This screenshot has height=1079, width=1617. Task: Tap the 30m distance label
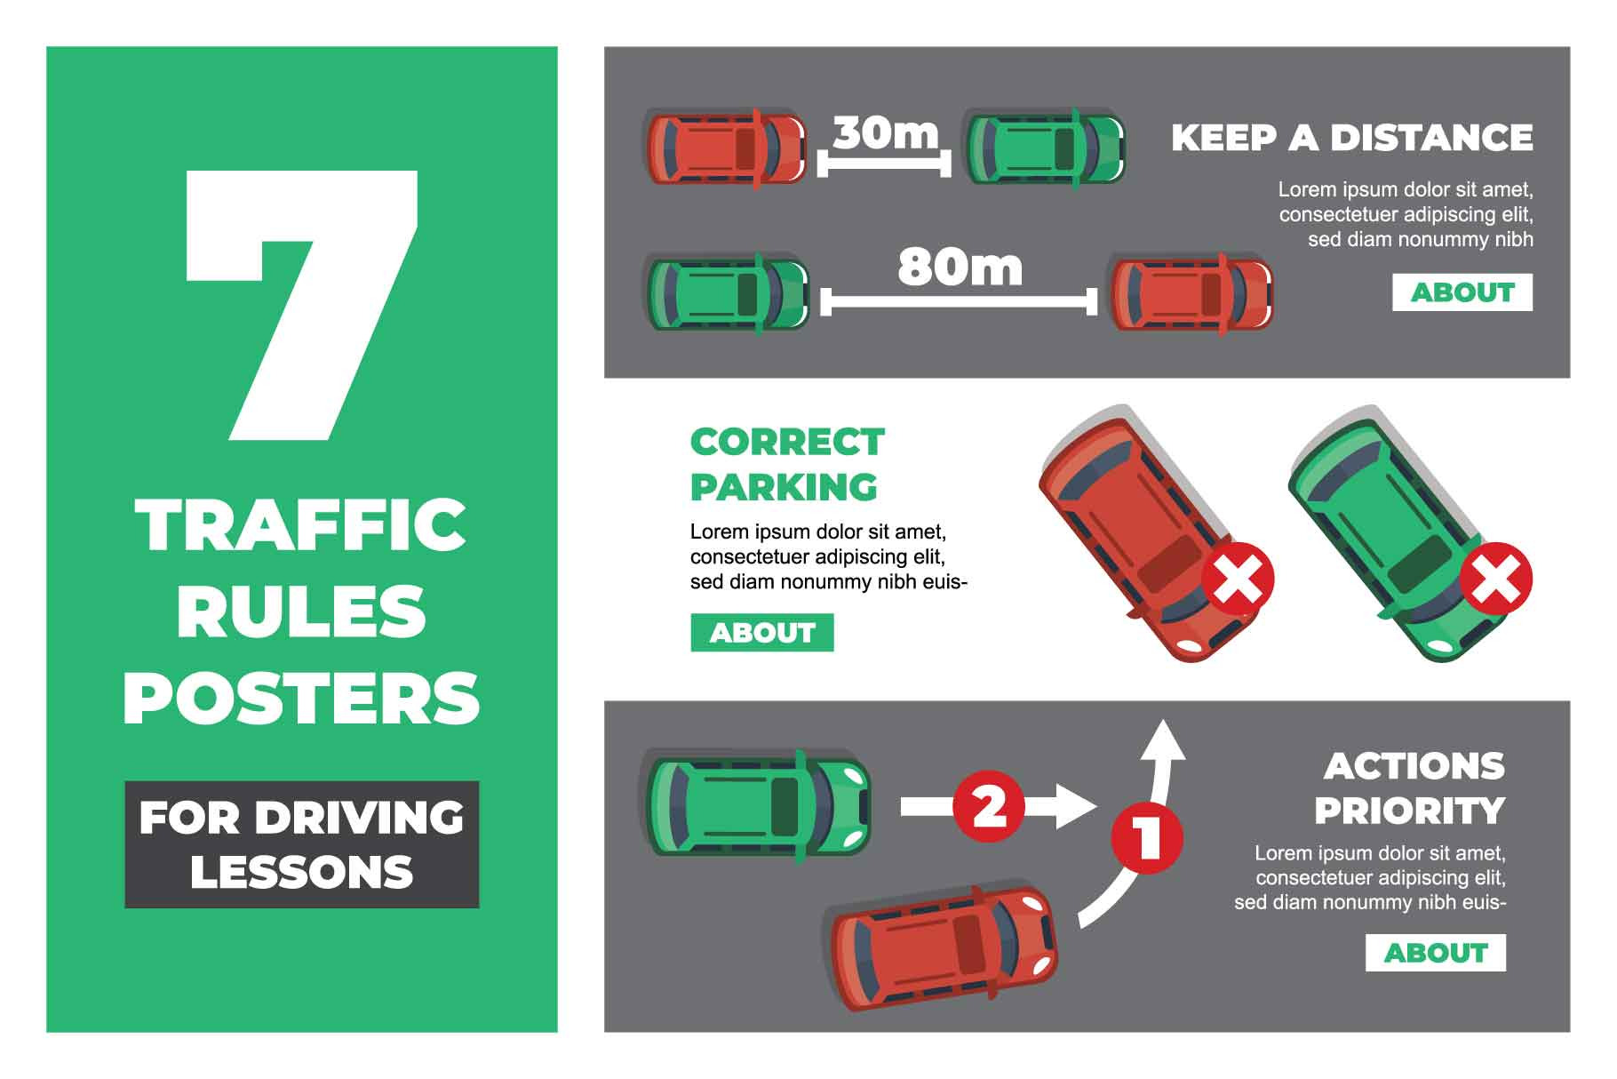[886, 132]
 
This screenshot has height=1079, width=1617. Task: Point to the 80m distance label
[960, 267]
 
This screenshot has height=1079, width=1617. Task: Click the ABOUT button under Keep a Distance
[1462, 292]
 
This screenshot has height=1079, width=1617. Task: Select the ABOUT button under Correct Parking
[762, 633]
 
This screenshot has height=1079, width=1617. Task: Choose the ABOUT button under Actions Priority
[1436, 953]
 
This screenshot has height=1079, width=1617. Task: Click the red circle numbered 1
[1147, 837]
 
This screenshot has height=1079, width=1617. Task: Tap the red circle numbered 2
[989, 806]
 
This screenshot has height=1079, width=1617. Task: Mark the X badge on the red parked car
[1238, 579]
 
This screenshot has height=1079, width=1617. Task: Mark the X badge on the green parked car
[1496, 579]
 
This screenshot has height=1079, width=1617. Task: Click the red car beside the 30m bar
[725, 148]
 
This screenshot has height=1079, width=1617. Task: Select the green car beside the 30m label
[1045, 148]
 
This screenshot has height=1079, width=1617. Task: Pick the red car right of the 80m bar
[1191, 293]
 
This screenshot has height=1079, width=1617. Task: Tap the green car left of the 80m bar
[727, 293]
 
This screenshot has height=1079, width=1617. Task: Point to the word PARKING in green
[784, 487]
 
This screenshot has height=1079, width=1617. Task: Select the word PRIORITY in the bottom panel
[1409, 811]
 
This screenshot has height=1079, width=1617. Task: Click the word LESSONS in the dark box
[301, 872]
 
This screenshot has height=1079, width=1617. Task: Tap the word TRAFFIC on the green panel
[301, 524]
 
